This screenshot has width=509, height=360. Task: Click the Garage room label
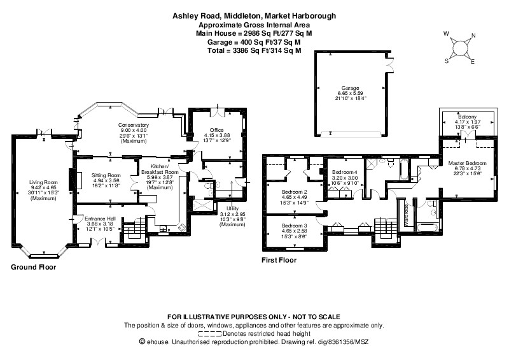pos(349,88)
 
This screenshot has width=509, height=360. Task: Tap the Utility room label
pos(232,208)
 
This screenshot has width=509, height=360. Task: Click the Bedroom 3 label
pos(295,226)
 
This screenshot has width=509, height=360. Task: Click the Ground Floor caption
pos(33,268)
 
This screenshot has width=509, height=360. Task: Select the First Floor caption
pos(280,261)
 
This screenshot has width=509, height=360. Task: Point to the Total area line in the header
pos(254,50)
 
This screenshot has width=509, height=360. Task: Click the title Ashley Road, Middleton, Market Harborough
pos(254,15)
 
